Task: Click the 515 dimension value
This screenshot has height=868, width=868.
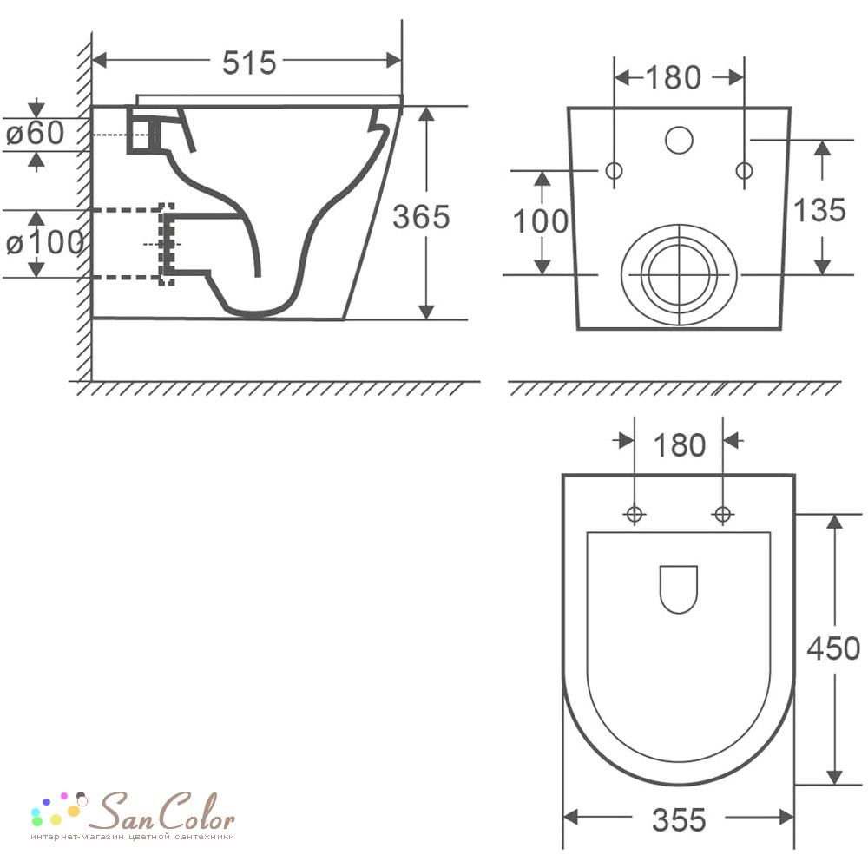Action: (x=249, y=62)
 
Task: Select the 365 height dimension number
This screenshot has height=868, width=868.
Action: (x=421, y=216)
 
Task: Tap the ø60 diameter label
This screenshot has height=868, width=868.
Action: (x=35, y=133)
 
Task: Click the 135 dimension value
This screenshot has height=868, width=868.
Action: (x=819, y=210)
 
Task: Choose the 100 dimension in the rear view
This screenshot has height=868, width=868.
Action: (x=541, y=220)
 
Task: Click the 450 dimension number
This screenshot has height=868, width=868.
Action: (x=833, y=648)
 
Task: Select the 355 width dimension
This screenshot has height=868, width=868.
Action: (x=679, y=820)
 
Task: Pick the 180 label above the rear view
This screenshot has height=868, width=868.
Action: (x=674, y=77)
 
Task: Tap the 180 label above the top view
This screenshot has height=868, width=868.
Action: (x=680, y=445)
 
